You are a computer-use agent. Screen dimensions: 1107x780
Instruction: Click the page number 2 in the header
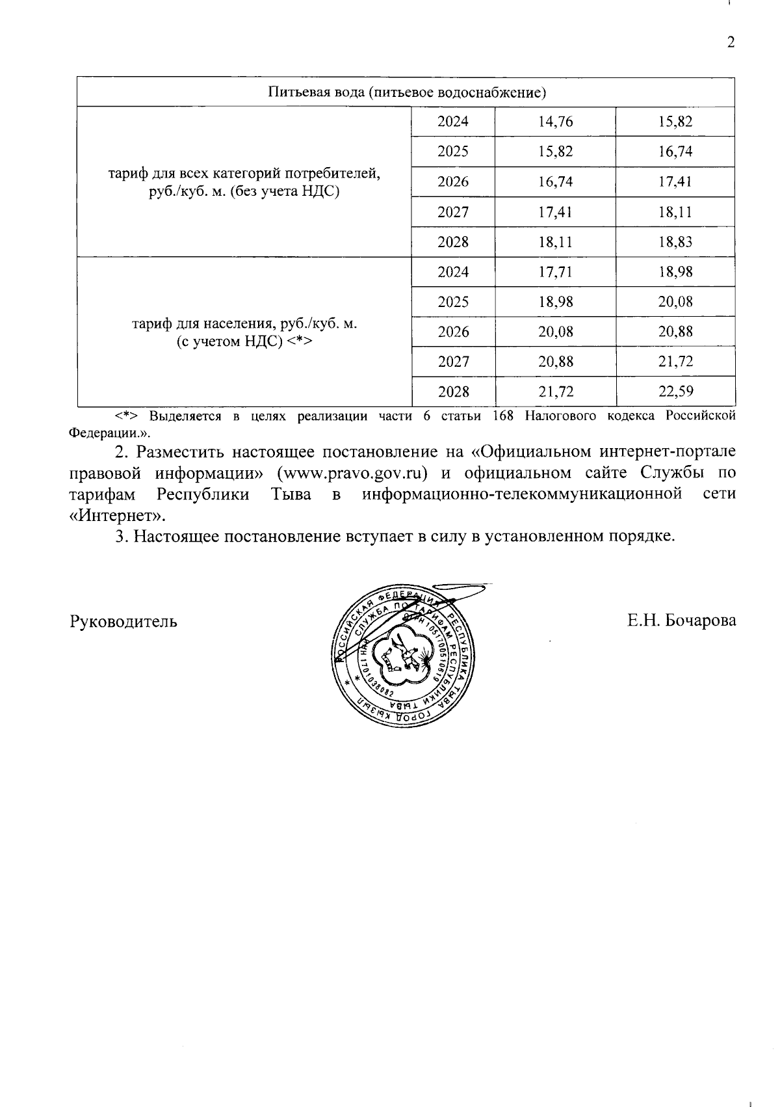click(731, 43)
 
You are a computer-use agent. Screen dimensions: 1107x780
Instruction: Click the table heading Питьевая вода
click(407, 92)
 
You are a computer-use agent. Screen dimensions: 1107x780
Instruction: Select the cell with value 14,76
click(555, 122)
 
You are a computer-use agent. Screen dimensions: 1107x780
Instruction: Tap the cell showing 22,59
click(675, 392)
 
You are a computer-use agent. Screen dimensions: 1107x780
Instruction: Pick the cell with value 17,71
click(555, 272)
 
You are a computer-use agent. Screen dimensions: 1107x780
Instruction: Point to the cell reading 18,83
click(675, 242)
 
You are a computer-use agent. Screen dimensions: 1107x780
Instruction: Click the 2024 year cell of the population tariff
click(453, 272)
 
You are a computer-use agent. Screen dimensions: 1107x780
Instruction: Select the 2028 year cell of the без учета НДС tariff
click(453, 242)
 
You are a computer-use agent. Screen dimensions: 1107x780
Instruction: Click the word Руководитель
click(123, 620)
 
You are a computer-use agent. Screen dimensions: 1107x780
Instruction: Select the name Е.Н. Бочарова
click(681, 620)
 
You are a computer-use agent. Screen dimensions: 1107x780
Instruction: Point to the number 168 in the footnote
click(502, 416)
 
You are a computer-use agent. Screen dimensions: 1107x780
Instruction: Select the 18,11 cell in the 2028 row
click(555, 242)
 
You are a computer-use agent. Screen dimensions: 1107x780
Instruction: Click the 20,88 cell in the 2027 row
click(555, 362)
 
